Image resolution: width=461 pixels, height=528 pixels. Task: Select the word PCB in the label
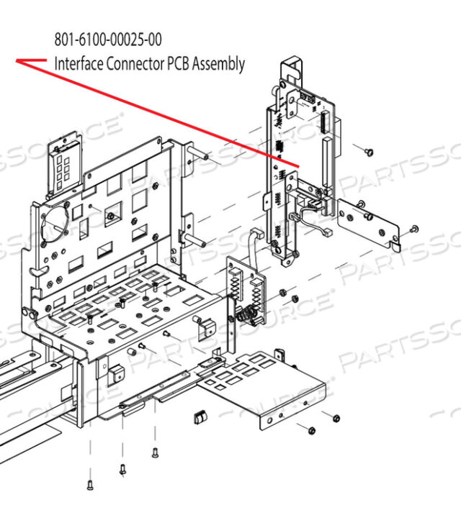(x=176, y=63)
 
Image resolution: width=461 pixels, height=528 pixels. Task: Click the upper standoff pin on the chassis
(x=199, y=154)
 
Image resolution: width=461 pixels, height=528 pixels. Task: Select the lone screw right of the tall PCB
(x=367, y=151)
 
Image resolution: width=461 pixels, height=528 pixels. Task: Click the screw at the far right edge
(x=415, y=229)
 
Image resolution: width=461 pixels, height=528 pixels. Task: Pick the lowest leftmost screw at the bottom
(x=89, y=484)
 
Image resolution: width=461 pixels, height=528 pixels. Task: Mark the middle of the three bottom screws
(x=122, y=470)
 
